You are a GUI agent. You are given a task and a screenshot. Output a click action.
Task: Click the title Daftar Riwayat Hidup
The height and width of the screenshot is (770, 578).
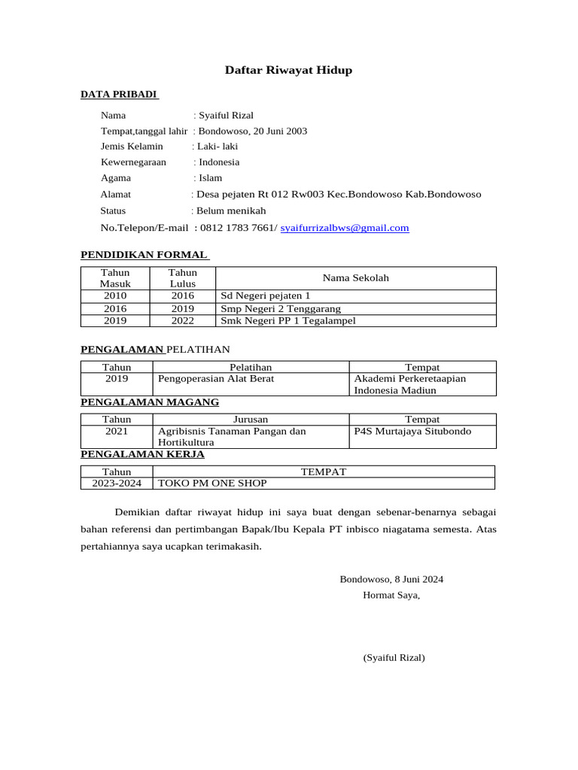click(x=288, y=71)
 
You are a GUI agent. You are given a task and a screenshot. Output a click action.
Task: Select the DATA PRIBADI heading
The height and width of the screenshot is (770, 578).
click(x=119, y=94)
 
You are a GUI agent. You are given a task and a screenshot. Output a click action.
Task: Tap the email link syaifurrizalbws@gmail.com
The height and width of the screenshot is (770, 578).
click(x=345, y=228)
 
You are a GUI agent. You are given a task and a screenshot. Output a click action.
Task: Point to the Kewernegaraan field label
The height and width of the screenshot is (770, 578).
click(x=133, y=162)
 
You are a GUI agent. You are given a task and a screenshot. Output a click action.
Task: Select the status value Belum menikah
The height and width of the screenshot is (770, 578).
click(x=231, y=211)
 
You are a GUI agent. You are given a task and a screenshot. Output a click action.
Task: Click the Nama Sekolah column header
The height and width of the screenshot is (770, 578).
click(x=355, y=278)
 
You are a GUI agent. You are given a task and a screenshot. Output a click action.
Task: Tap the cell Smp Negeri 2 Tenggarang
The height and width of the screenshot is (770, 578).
click(x=280, y=308)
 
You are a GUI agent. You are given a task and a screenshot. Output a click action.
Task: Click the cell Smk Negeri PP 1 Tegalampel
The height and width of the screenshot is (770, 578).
click(x=287, y=321)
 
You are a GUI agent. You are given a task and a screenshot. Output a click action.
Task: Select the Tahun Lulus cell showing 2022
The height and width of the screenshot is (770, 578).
click(x=182, y=321)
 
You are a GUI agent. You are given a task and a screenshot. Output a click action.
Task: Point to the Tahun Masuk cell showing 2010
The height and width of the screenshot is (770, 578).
click(x=115, y=296)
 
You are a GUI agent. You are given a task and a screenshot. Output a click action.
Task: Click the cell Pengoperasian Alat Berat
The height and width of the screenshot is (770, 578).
click(x=216, y=379)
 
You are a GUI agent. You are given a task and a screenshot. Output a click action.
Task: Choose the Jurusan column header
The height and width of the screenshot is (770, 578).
click(x=251, y=419)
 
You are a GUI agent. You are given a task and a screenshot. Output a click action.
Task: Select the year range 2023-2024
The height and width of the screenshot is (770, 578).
click(x=117, y=484)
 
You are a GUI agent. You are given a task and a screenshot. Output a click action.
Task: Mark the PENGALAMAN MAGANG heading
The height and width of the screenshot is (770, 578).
click(x=150, y=402)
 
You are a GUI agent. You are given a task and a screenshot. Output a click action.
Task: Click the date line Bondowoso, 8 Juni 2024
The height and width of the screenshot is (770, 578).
click(x=391, y=579)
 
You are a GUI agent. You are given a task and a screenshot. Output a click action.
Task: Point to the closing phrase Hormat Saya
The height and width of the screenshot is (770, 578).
click(x=391, y=596)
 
